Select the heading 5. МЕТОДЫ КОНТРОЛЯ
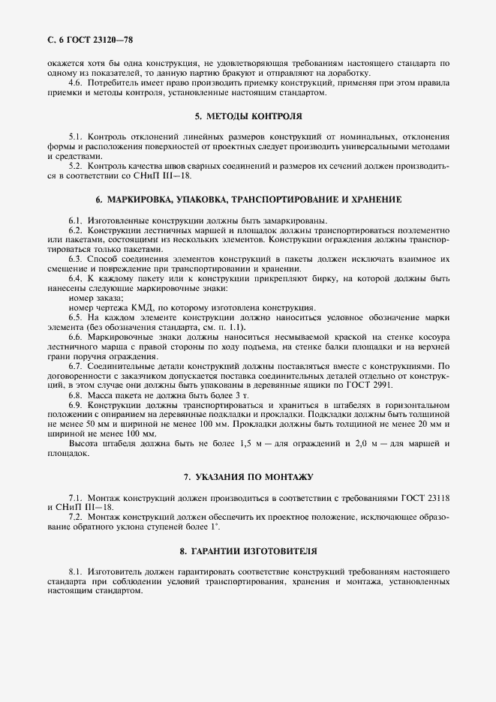(248, 117)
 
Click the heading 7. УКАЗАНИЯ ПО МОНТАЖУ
(248, 477)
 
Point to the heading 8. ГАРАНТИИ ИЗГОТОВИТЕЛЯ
(248, 551)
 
